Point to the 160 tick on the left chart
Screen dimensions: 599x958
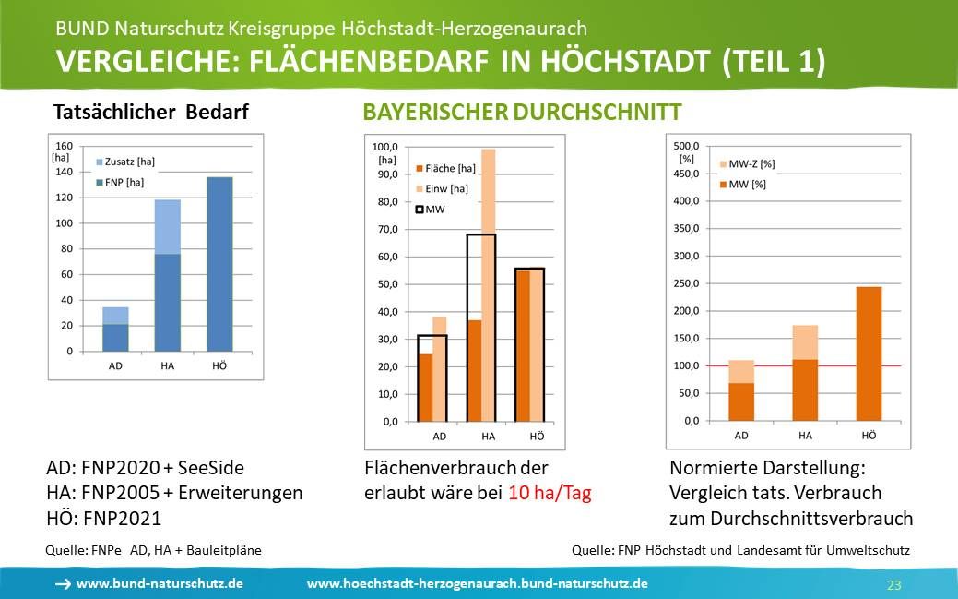[x=65, y=146]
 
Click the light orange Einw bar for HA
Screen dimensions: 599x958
[x=489, y=231]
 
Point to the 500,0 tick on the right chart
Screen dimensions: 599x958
[x=688, y=146]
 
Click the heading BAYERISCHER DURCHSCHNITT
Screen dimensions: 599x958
[x=522, y=113]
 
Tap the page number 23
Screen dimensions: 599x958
[x=893, y=585]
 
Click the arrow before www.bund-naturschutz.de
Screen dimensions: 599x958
[x=63, y=584]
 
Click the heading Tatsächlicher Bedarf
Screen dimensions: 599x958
[x=151, y=113]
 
